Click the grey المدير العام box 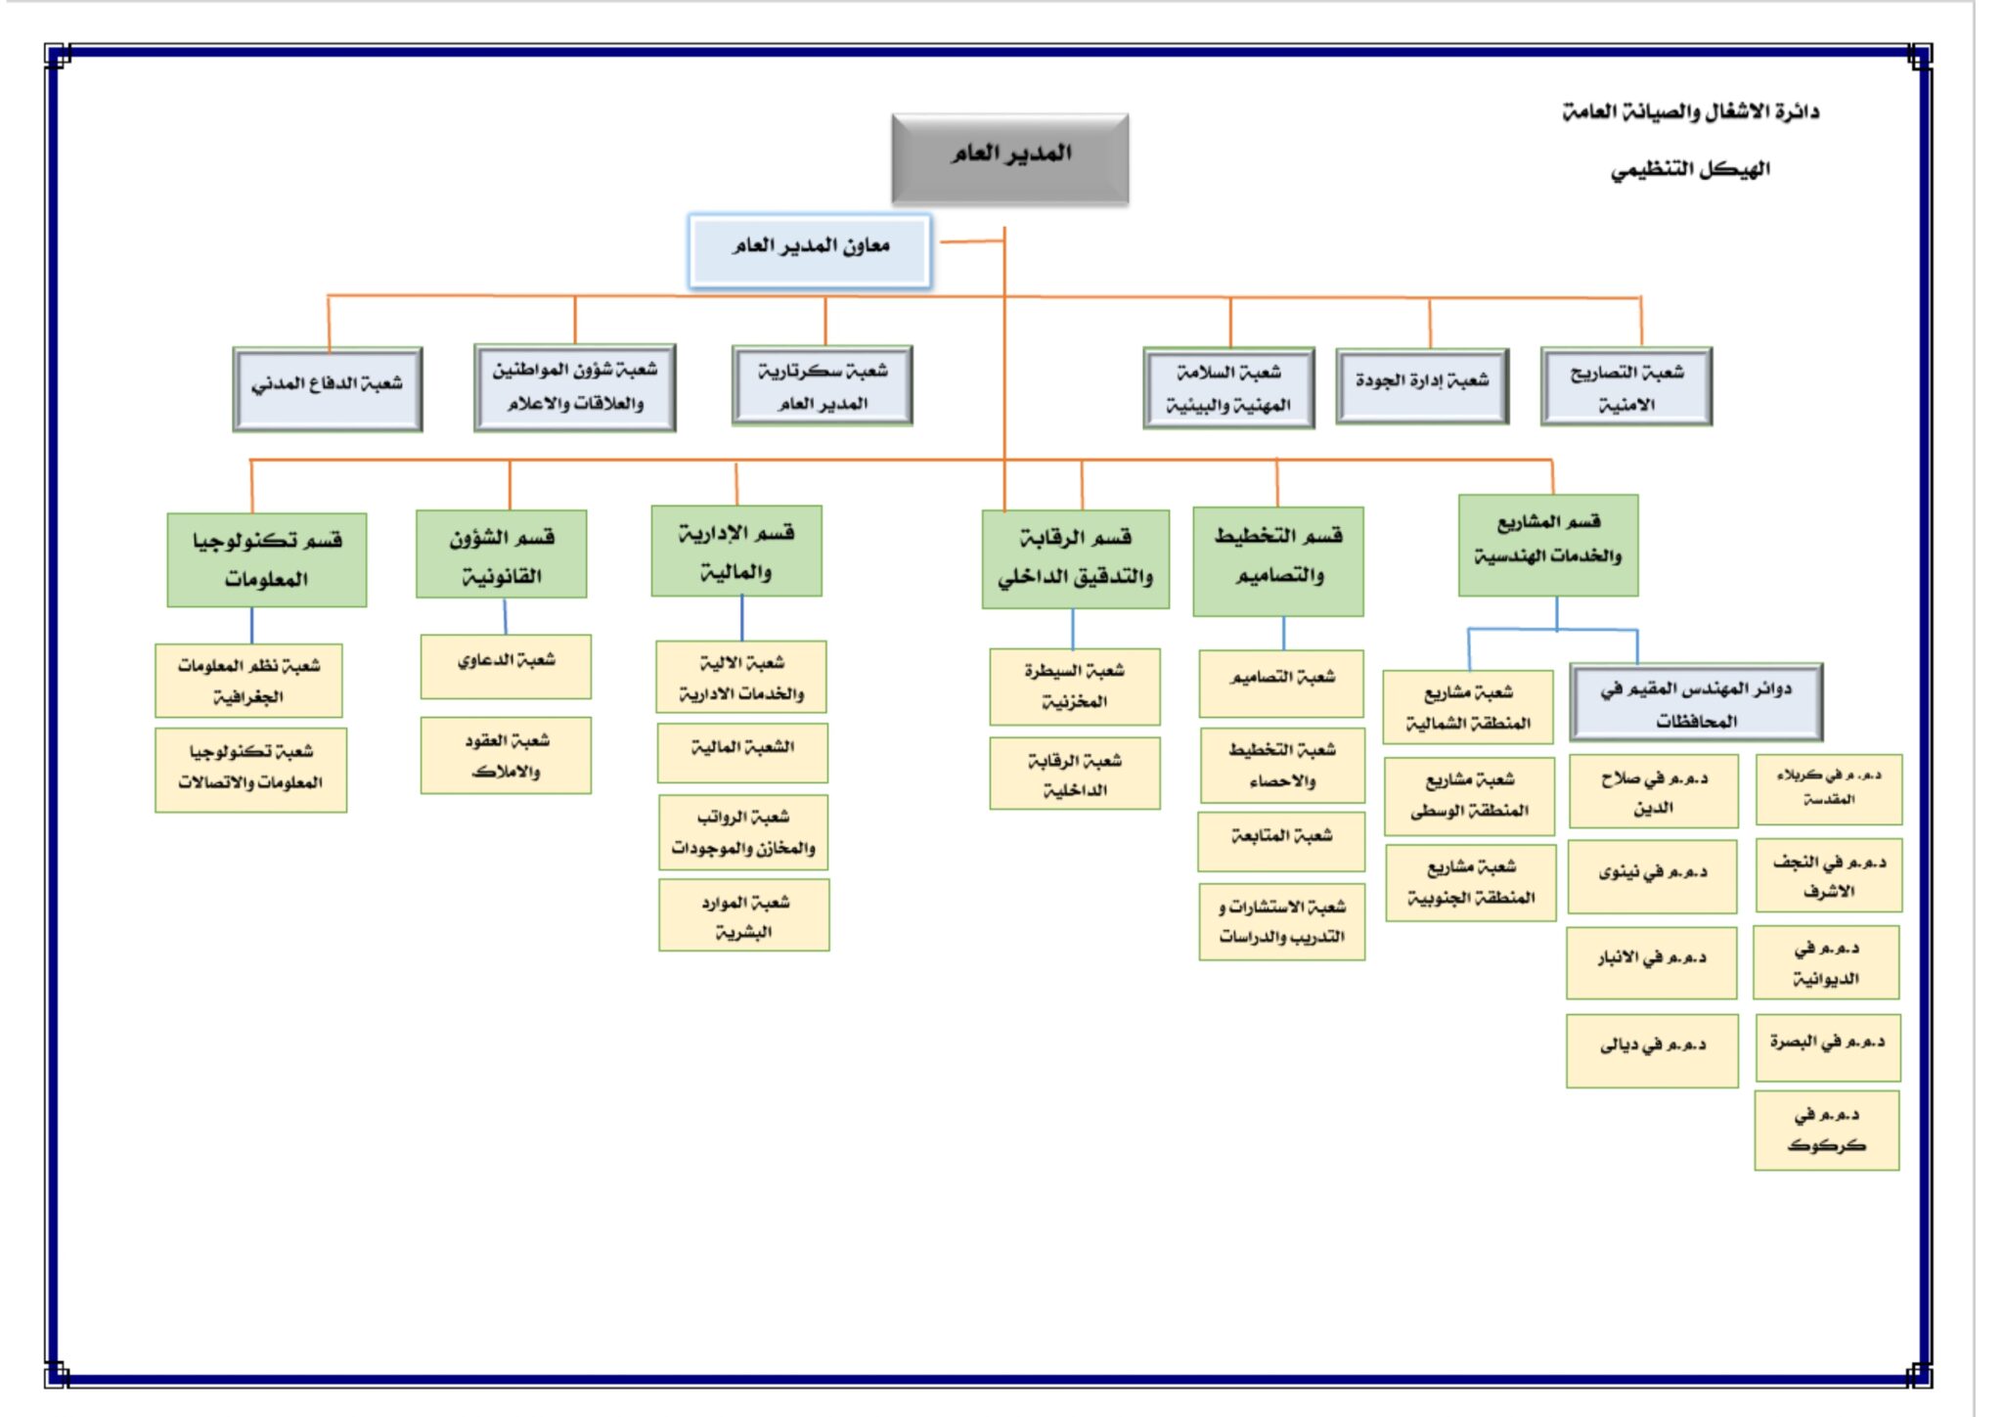[1009, 158]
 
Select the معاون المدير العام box [810, 250]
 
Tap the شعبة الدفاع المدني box [328, 388]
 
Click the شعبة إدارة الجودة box [1422, 385]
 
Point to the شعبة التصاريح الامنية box [1626, 386]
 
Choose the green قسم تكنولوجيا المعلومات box [267, 559]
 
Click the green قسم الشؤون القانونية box [502, 554]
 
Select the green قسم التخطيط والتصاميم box [1278, 561]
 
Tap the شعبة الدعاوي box [506, 667]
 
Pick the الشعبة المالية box [742, 753]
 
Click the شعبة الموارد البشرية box [744, 915]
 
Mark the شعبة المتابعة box [1281, 841]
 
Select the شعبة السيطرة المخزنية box [1075, 686]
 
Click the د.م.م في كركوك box [1827, 1131]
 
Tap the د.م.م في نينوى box [1653, 876]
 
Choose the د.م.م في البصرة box [1828, 1047]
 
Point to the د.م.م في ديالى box [1652, 1050]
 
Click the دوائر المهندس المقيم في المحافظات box [1696, 703]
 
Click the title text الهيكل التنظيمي [1690, 170]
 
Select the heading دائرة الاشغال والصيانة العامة [1690, 112]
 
